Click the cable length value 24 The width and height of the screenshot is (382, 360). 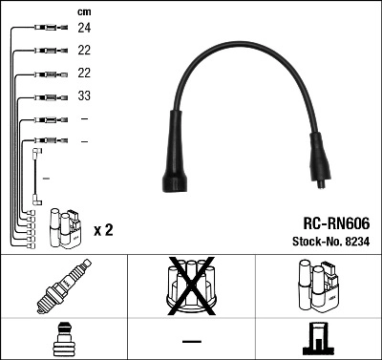pos(84,30)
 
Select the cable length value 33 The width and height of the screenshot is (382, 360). pos(84,96)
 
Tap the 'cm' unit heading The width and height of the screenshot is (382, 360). pos(83,11)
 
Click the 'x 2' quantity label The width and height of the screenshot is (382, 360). pos(104,230)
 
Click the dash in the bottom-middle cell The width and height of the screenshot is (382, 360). pos(191,342)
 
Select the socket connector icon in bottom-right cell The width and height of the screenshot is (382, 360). pos(318,341)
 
